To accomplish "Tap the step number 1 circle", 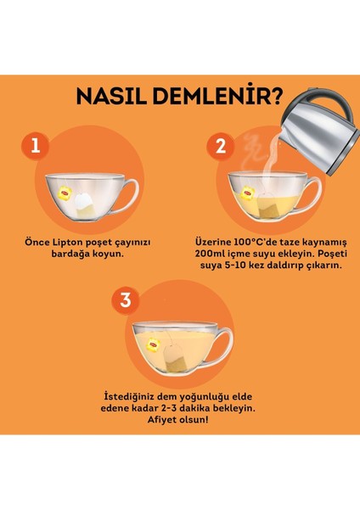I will point(35,146).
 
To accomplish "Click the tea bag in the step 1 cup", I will point(82,201).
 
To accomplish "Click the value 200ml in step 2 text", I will point(208,253).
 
